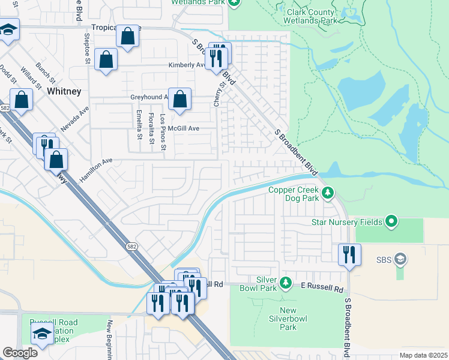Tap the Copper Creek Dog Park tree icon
[327, 193]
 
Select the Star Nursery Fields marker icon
[391, 222]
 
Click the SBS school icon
[401, 260]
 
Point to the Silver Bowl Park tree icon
[286, 282]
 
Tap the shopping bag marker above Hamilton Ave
[56, 160]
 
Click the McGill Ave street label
[184, 128]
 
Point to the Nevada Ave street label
[74, 119]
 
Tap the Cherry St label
[221, 94]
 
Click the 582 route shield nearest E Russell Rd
[131, 247]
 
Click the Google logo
[20, 353]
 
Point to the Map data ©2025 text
[423, 355]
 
